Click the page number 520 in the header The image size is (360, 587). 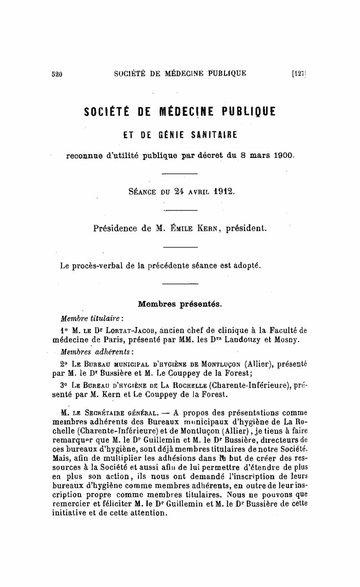57,74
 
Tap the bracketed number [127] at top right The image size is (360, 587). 299,73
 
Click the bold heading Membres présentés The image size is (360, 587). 180,304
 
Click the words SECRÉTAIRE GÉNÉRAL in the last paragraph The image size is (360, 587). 116,412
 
